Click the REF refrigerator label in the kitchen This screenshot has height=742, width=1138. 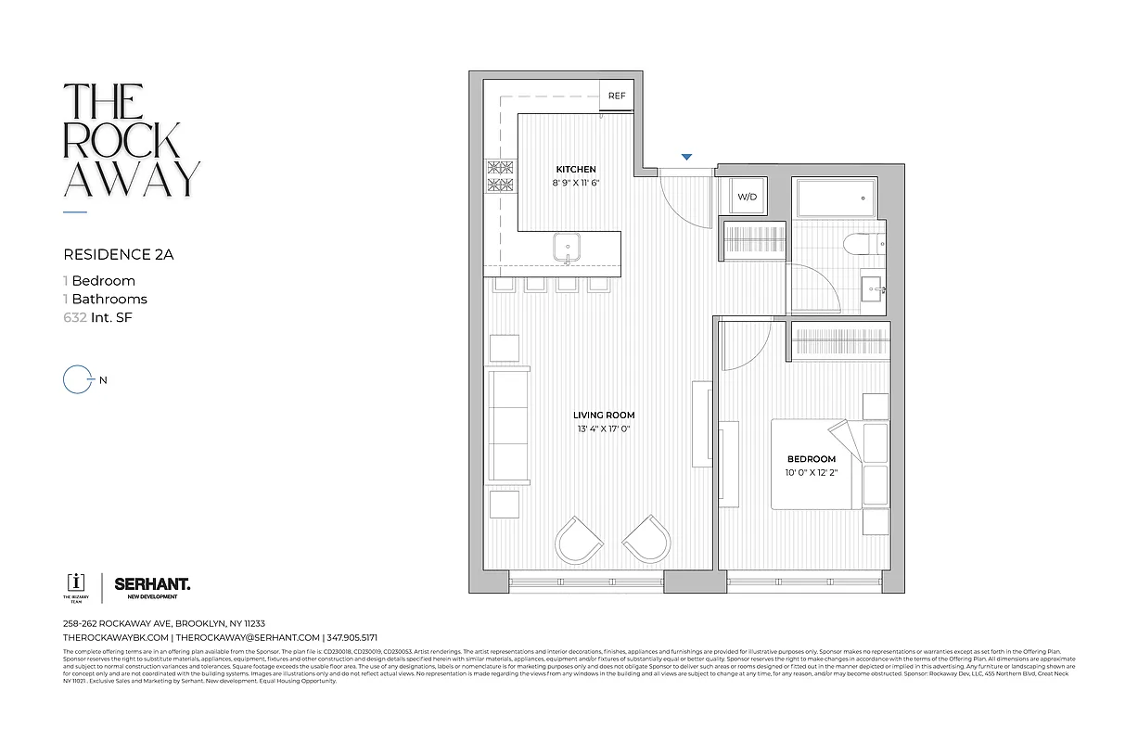[x=616, y=96]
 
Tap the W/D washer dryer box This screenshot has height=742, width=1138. [x=747, y=197]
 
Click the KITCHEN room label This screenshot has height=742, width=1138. [x=575, y=170]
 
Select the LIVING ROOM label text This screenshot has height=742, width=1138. [x=603, y=415]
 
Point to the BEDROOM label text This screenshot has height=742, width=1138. [x=812, y=459]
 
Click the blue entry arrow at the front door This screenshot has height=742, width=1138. [x=686, y=158]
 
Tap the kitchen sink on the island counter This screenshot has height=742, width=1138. [x=567, y=248]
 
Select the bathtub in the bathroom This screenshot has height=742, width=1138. [x=835, y=198]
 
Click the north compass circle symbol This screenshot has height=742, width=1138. [x=74, y=379]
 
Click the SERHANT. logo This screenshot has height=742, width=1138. [x=152, y=583]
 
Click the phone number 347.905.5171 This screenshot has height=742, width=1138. [x=352, y=638]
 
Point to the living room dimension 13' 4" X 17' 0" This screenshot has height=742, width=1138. [x=603, y=429]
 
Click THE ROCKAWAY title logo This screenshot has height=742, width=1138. [x=131, y=140]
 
